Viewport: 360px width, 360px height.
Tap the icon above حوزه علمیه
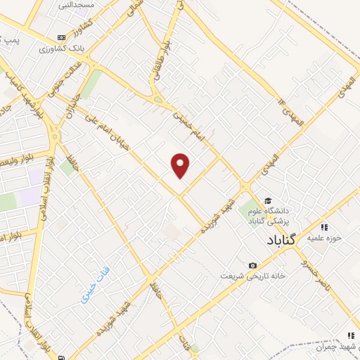click(324, 226)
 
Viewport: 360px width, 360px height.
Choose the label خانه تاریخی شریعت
click(252, 276)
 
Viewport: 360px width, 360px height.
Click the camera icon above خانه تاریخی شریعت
click(252, 265)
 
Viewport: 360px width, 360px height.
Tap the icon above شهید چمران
click(351, 335)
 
